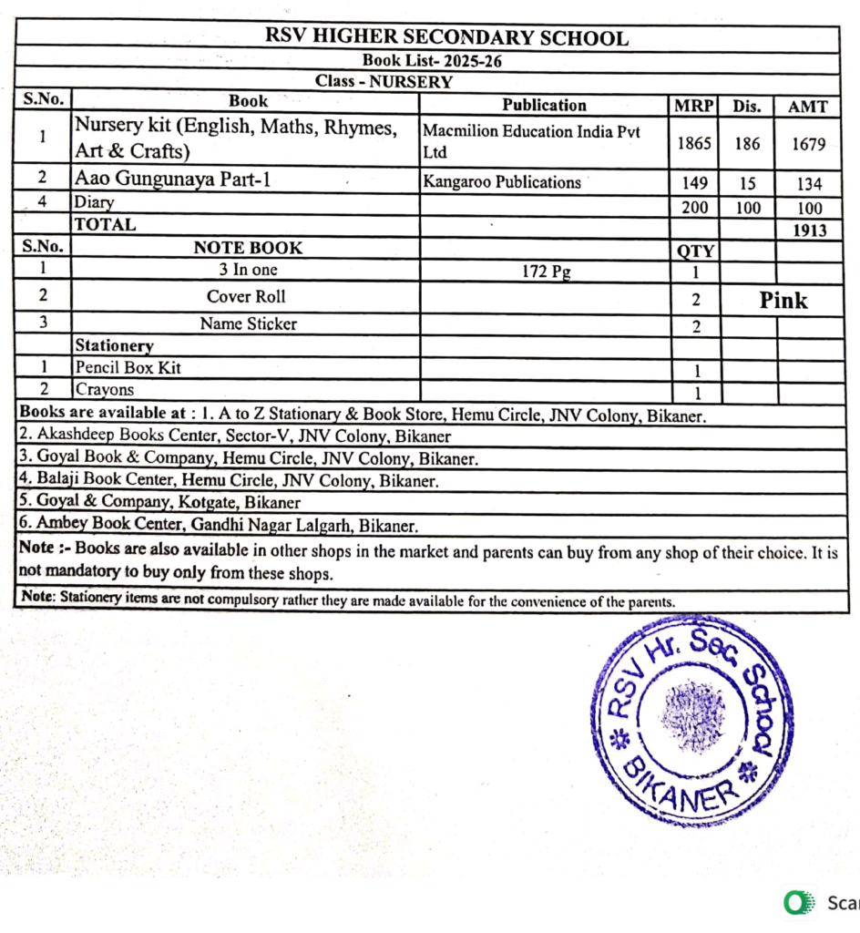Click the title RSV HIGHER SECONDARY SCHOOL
pos(446,38)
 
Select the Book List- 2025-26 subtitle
pos(433,61)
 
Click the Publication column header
pos(544,105)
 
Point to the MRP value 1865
pos(694,142)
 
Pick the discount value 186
pos(747,142)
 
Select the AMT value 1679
pos(807,142)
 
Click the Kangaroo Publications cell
pos(502,181)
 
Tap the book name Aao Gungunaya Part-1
pos(173,179)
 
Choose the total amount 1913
pos(809,231)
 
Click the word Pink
pos(783,301)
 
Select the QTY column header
pos(695,251)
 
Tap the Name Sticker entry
pos(248,323)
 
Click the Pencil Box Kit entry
pos(128,367)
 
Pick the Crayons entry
pos(105,390)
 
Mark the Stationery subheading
pos(114,345)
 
